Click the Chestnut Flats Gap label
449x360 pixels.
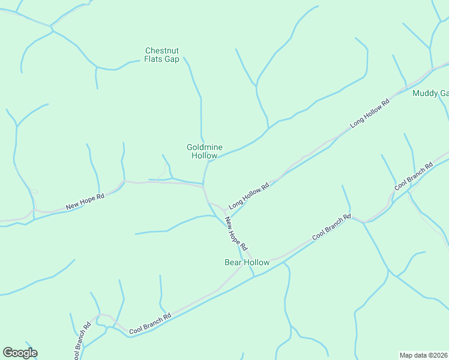[162, 55]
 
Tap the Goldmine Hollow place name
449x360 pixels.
[204, 151]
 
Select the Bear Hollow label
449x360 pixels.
[247, 263]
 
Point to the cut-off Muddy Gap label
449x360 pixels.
[430, 94]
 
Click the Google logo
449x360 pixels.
[20, 353]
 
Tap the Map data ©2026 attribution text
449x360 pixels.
[424, 355]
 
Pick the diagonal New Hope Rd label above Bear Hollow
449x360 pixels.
[236, 233]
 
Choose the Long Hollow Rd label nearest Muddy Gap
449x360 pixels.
[370, 112]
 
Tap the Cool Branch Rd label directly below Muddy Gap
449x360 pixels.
[414, 176]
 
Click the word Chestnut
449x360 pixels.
[162, 50]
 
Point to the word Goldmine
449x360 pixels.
[204, 147]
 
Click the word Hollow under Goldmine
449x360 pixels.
[204, 155]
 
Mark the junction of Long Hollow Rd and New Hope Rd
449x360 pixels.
[226, 212]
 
